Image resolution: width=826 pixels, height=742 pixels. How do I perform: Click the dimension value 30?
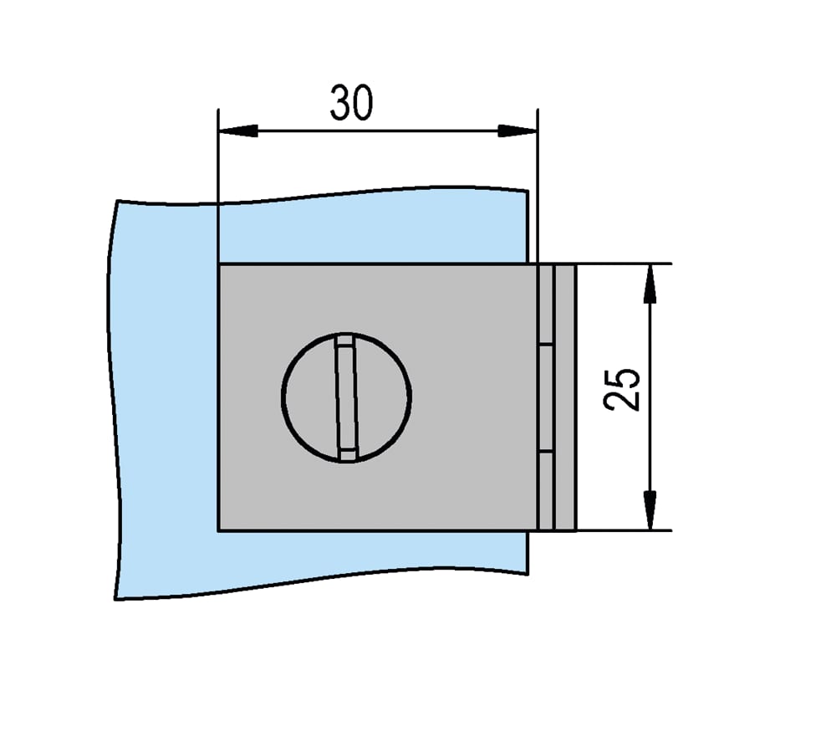[351, 102]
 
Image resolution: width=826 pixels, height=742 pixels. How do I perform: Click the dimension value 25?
[622, 390]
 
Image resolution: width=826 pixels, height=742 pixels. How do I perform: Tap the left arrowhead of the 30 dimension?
[238, 131]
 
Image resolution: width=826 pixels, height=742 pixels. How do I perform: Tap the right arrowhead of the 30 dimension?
[518, 131]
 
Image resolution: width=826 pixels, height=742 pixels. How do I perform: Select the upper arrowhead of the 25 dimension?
[650, 284]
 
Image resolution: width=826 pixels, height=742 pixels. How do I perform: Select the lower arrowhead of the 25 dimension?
[650, 510]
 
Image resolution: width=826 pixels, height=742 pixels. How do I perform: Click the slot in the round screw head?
[346, 398]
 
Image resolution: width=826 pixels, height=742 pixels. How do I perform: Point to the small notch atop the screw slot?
[344, 340]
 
